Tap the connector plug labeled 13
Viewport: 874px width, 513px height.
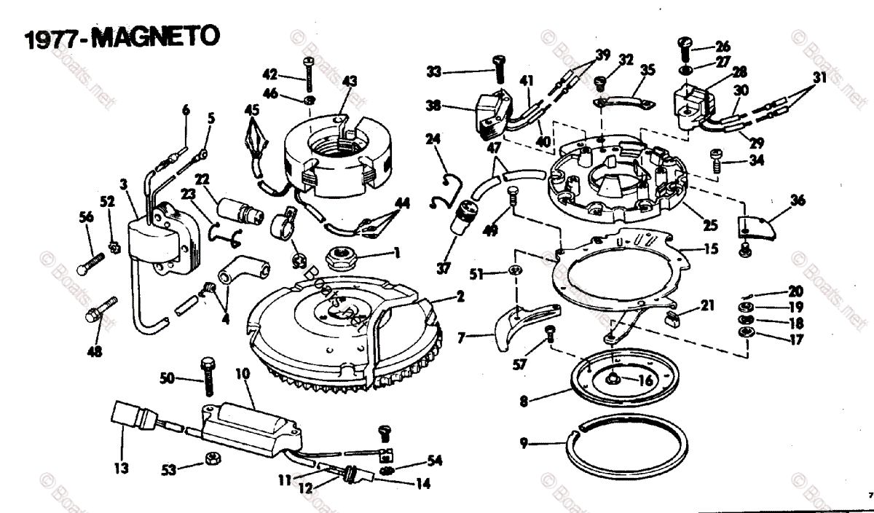tap(126, 423)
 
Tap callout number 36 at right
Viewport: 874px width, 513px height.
tap(798, 200)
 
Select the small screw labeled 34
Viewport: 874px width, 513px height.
tap(717, 159)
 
